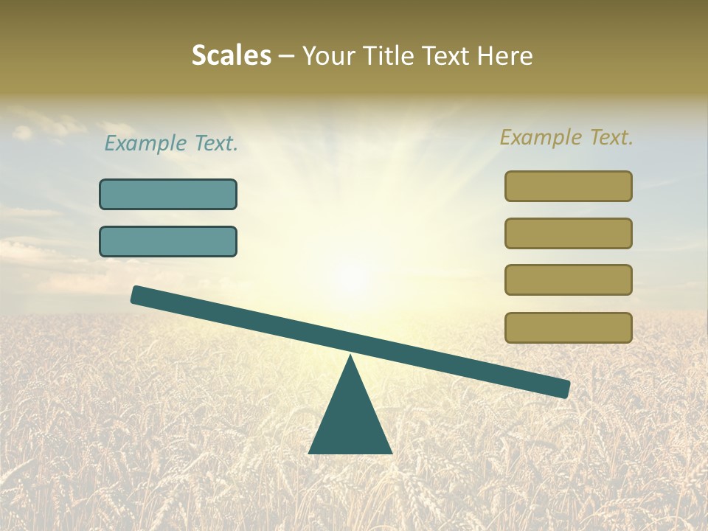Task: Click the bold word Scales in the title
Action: pyautogui.click(x=231, y=55)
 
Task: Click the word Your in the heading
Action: pyautogui.click(x=327, y=55)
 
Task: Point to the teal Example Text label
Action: pyautogui.click(x=171, y=144)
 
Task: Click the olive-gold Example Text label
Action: pyautogui.click(x=566, y=137)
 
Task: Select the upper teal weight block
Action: pyautogui.click(x=168, y=195)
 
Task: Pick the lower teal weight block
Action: pyautogui.click(x=168, y=242)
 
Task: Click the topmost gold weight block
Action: pyautogui.click(x=569, y=186)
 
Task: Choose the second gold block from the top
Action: pyautogui.click(x=569, y=233)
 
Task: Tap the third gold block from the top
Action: pyautogui.click(x=569, y=280)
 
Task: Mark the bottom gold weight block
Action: pyautogui.click(x=569, y=327)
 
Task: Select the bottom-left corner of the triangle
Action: pyautogui.click(x=310, y=452)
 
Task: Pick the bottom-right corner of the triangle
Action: pyautogui.click(x=391, y=452)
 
